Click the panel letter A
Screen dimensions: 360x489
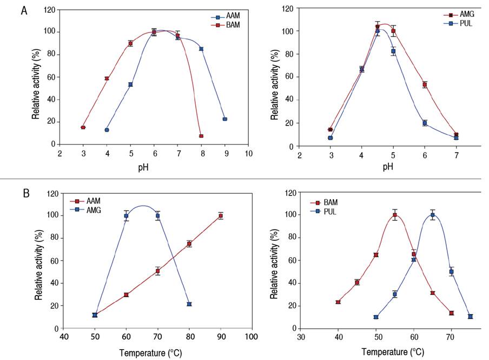24,10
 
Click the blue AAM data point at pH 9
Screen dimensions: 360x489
224,119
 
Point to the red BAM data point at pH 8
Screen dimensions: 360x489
201,136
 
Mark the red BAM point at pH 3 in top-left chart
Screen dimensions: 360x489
83,127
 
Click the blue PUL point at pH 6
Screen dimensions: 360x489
425,123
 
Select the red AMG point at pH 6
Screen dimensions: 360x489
425,84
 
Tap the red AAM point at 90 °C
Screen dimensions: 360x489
221,215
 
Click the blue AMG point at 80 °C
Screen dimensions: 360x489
189,304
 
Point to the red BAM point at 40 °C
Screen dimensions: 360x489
338,302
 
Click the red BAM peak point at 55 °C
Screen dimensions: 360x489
395,215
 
